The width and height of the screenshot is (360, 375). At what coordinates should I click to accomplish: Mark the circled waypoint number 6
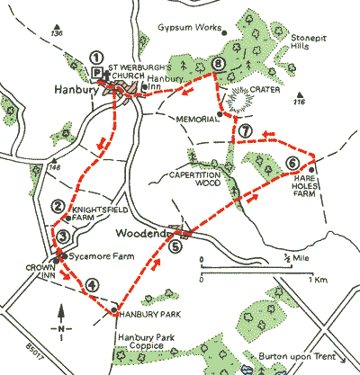point(291,163)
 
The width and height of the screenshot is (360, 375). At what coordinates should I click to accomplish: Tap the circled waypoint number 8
point(217,64)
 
